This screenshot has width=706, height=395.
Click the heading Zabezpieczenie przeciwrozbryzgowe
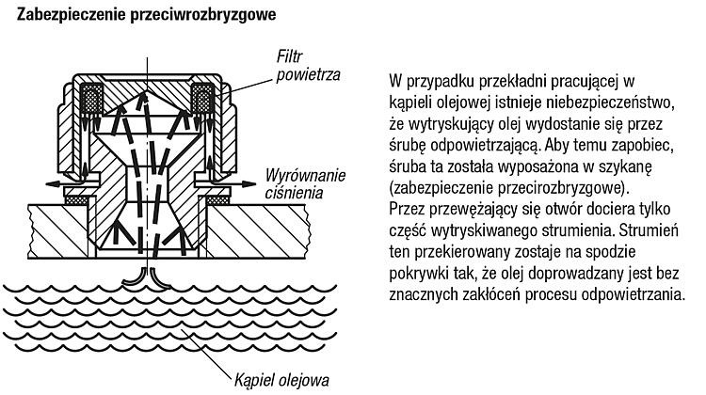pos(146,15)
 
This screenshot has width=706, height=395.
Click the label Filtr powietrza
pos(308,66)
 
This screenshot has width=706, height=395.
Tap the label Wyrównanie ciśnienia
pos(305,184)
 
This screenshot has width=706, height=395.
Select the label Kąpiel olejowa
pos(281,380)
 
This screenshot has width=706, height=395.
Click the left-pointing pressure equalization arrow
pos(62,184)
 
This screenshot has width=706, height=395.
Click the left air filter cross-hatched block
pos(91,98)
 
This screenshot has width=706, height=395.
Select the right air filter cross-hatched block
pos(202,98)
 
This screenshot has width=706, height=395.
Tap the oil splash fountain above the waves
pos(147,278)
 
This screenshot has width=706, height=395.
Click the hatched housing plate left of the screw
pos(58,231)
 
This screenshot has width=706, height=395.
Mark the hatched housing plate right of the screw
pos(258,231)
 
